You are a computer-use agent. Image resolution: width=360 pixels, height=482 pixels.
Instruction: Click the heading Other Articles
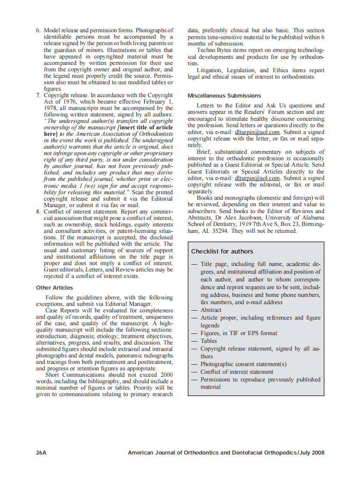click(55, 288)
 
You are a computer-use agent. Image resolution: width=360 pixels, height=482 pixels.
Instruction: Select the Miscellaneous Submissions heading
click(224, 95)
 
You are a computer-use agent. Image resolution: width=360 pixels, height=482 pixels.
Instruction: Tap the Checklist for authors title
click(222, 251)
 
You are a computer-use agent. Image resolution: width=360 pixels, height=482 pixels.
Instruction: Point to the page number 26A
click(41, 453)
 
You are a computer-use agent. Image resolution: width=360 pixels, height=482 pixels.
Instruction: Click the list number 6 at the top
click(38, 31)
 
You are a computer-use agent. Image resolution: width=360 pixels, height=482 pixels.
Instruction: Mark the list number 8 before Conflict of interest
click(38, 211)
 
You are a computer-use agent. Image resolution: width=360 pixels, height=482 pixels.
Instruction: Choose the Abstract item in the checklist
click(211, 310)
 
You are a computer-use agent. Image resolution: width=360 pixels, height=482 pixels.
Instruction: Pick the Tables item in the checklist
click(209, 341)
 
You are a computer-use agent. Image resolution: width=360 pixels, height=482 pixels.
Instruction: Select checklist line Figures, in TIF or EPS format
click(239, 333)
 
